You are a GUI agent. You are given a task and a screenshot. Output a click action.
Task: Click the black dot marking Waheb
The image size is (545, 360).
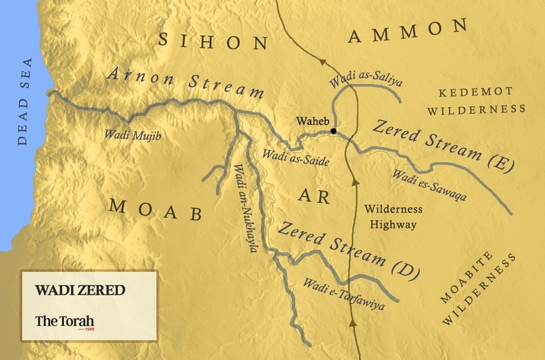[333, 131]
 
